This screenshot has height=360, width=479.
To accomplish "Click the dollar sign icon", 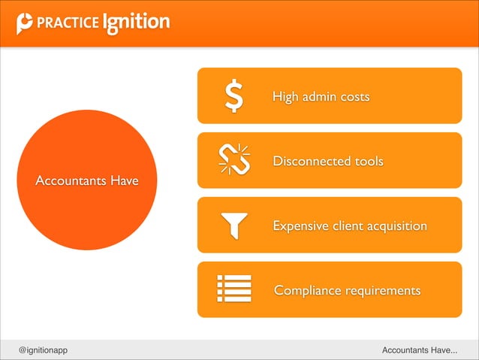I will (x=235, y=96).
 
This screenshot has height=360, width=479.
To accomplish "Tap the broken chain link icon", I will (x=235, y=159).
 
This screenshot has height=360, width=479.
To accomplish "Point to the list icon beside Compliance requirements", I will (x=234, y=289).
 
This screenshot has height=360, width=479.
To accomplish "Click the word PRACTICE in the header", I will (x=67, y=23).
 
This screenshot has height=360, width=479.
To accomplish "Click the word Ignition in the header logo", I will (x=136, y=23).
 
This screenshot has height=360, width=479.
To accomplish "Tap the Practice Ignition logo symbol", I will (x=24, y=23).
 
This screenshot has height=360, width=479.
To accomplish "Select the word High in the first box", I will (x=285, y=97).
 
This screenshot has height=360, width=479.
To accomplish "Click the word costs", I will (x=354, y=97).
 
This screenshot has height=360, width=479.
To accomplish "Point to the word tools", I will (x=369, y=162).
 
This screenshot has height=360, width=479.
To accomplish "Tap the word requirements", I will (x=383, y=291).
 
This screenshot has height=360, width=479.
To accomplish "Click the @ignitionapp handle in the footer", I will (x=44, y=350).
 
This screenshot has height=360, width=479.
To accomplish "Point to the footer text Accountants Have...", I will (x=420, y=350).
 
